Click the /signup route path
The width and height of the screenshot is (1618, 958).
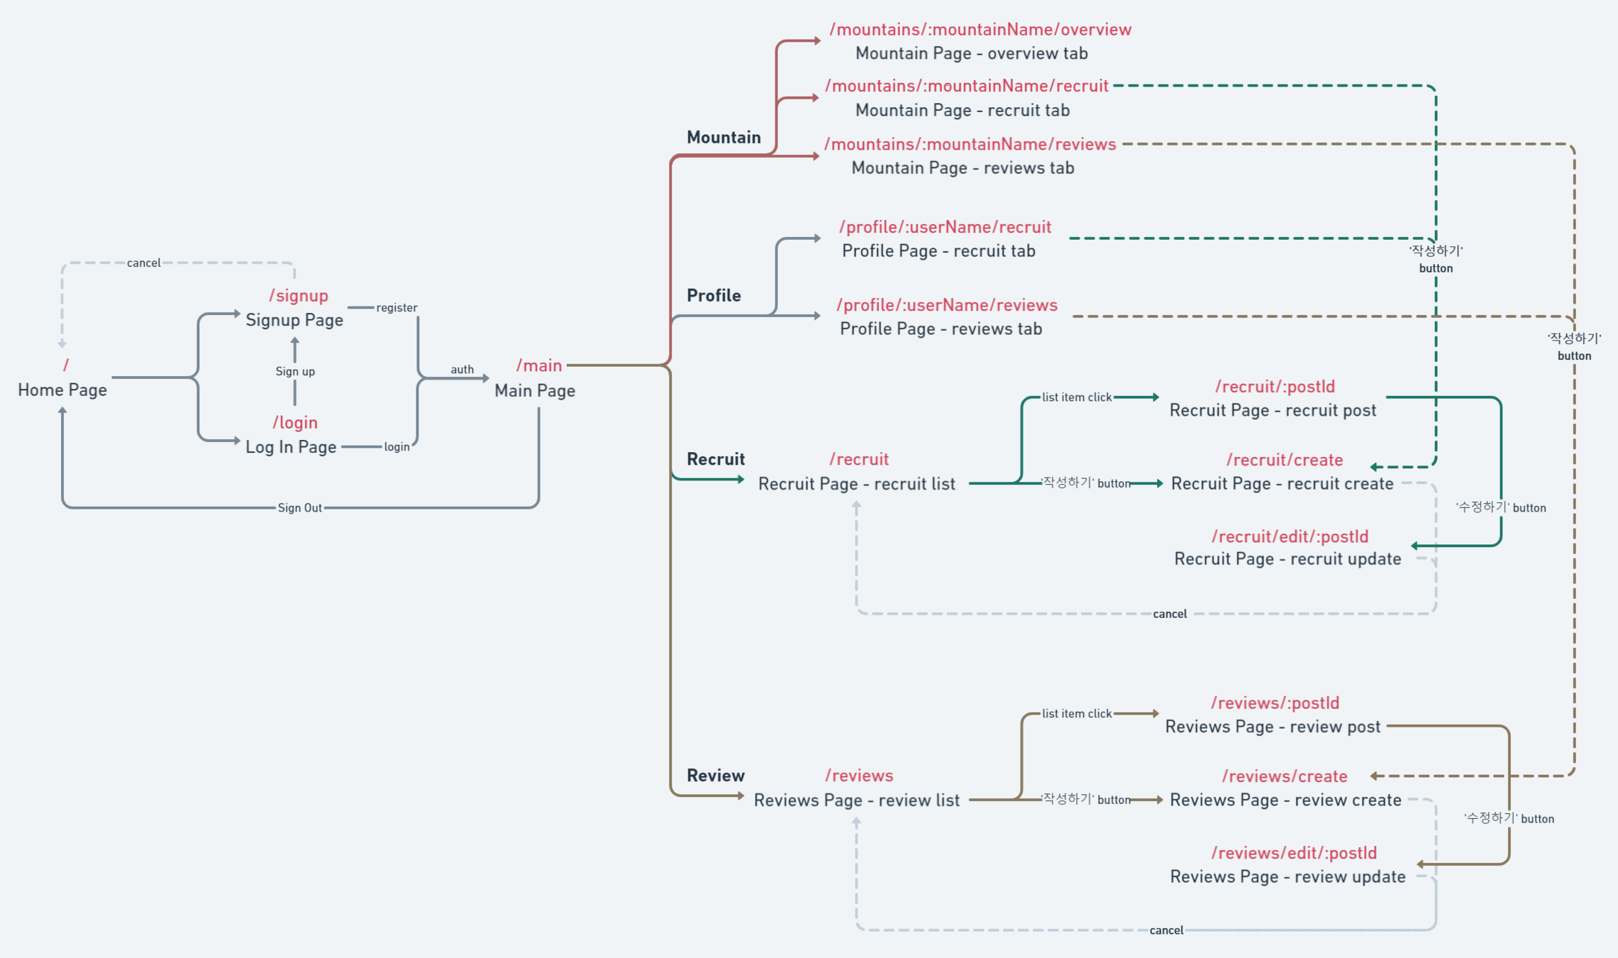coord(298,296)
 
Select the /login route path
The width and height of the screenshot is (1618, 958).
coord(295,423)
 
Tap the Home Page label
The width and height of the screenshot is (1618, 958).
coord(62,390)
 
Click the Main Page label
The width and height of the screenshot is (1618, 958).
coord(535,391)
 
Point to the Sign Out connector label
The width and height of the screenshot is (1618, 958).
coord(299,508)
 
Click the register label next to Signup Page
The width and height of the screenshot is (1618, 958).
coord(397,308)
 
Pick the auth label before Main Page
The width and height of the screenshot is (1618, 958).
coord(462,370)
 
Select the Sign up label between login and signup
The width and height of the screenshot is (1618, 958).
coord(295,372)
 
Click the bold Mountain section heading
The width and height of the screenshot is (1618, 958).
coord(724,138)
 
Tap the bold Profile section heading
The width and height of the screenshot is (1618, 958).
coord(714,296)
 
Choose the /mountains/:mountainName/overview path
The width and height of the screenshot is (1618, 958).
coord(980,30)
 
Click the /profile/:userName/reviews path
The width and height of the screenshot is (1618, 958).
coord(947,305)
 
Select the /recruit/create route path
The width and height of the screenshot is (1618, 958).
coord(1285,461)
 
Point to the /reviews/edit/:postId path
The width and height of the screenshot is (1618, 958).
coord(1294,853)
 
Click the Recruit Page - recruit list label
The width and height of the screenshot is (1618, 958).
coord(857,484)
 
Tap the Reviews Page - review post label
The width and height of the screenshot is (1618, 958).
coord(1273,727)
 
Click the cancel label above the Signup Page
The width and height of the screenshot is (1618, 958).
coord(143,263)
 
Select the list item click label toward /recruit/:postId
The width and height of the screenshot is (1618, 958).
coord(1077,397)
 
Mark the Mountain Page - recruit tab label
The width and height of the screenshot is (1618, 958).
coord(963,111)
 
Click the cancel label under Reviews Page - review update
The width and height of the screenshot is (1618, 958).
coord(1166,930)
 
